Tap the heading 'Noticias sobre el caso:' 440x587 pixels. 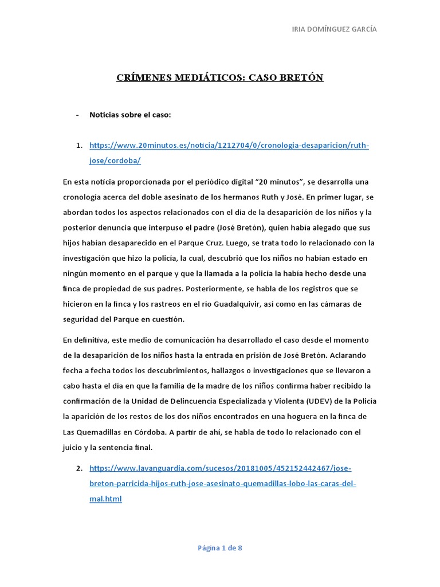point(130,115)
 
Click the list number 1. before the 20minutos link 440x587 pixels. point(80,146)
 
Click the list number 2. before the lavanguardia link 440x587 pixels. point(80,468)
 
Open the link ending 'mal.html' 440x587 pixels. point(105,499)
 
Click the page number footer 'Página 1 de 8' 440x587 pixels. point(220,548)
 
